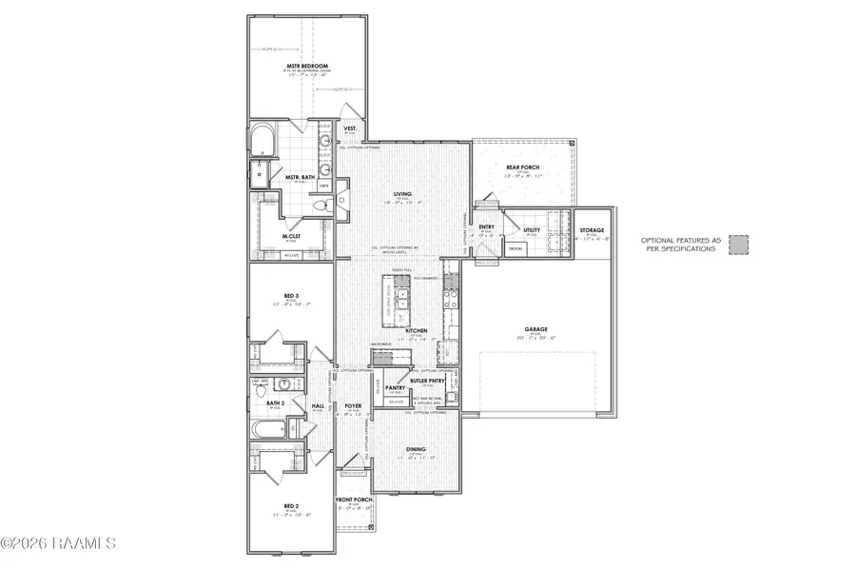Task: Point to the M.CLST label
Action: click(292, 236)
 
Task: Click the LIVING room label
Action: click(402, 193)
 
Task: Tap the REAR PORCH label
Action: click(522, 167)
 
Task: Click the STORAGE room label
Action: click(593, 231)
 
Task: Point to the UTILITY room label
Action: click(533, 230)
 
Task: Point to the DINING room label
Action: click(416, 450)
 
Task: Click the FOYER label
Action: click(354, 406)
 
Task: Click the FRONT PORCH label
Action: click(354, 500)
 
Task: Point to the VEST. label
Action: click(349, 128)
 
